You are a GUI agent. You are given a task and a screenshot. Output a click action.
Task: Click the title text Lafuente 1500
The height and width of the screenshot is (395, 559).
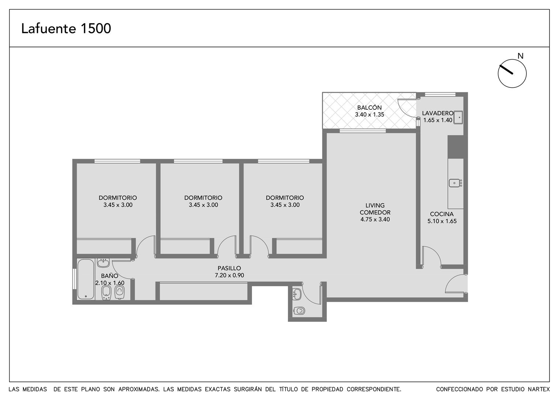click(x=66, y=29)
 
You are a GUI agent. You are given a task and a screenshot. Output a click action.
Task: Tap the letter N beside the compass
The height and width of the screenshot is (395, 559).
click(x=520, y=56)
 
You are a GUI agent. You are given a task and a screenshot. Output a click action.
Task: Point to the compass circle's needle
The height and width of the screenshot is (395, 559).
click(x=506, y=69)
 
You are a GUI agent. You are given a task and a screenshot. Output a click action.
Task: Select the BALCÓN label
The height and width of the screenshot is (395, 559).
click(x=369, y=108)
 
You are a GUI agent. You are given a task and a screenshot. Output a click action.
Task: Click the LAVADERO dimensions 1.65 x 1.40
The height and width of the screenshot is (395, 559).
click(x=438, y=120)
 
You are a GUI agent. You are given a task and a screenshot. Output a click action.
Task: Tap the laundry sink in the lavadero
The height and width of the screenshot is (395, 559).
click(x=458, y=117)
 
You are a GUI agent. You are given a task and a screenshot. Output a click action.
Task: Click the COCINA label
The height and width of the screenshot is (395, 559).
click(x=442, y=214)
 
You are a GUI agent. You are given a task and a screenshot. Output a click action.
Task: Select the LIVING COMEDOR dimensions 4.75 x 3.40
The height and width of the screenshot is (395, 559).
click(x=375, y=219)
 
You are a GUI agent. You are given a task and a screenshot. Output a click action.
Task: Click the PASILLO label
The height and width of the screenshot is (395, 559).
click(x=229, y=268)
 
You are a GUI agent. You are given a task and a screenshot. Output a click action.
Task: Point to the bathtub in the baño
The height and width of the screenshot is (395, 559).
click(x=86, y=279)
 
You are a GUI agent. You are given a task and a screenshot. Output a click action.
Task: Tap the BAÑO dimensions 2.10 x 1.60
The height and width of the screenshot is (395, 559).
click(x=110, y=283)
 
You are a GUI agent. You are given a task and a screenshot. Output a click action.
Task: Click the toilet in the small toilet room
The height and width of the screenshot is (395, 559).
click(x=300, y=311)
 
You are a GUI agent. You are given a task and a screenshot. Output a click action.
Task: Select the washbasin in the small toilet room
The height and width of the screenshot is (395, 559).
click(x=297, y=294)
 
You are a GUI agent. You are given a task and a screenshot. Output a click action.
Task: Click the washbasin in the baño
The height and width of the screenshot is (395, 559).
click(x=103, y=263)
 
